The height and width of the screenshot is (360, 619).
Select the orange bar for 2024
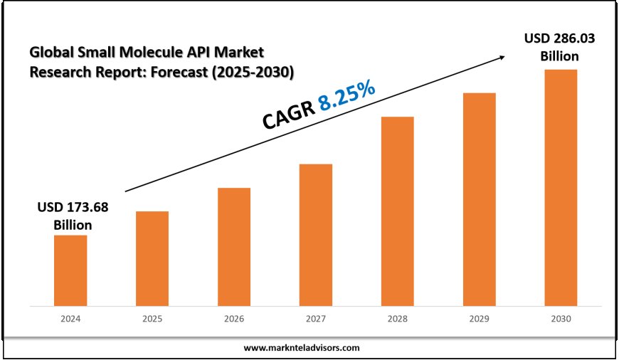(x=70, y=270)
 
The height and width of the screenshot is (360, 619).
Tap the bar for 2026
(x=234, y=247)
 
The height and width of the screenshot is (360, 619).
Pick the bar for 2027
(x=316, y=235)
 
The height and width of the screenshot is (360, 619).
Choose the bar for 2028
(x=397, y=211)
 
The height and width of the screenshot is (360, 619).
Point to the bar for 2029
(x=479, y=199)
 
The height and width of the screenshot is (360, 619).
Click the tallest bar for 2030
(x=561, y=188)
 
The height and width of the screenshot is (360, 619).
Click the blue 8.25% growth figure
(x=346, y=96)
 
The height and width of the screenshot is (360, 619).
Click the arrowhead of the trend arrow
(x=505, y=56)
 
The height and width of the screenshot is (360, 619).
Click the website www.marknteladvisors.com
(x=302, y=348)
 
